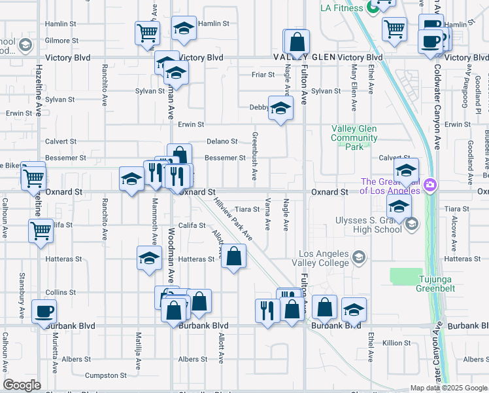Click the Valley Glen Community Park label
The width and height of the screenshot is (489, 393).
pos(354,138)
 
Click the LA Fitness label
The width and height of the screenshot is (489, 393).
pos(341,8)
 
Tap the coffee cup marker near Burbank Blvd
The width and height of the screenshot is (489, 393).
pos(44,311)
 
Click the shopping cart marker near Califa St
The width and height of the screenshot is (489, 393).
pos(41,231)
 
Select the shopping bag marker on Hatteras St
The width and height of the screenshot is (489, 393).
pos(233,256)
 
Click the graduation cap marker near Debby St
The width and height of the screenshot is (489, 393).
pos(280,108)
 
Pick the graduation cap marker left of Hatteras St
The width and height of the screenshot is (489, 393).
pos(149,258)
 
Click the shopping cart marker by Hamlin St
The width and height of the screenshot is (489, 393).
pos(148,32)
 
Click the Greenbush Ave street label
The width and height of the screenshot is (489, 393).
pos(254,157)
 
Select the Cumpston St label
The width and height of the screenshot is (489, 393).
pos(105,375)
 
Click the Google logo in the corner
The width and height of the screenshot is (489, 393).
pos(22,385)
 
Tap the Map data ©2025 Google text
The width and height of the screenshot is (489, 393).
pos(448,388)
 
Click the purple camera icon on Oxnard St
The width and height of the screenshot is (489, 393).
pos(431,185)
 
